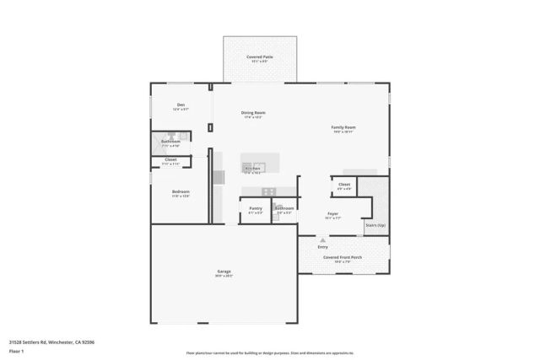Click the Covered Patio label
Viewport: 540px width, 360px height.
pos(259,57)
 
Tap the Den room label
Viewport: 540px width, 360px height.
pos(181,105)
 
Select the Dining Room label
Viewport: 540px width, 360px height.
pos(253,113)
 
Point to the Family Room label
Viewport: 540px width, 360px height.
pos(343,127)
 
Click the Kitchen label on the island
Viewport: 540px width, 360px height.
pos(253,169)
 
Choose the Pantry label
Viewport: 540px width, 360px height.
pos(256,208)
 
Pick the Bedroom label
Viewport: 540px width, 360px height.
pos(181,192)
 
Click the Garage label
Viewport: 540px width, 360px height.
pos(224,271)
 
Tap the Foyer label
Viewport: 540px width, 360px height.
pos(333,214)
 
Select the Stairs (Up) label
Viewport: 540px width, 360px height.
pos(375,225)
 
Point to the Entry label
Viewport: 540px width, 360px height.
pos(323,246)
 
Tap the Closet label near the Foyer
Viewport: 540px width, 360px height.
pos(344,184)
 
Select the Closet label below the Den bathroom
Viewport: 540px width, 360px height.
pos(170,159)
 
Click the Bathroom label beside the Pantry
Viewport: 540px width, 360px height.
pos(283,208)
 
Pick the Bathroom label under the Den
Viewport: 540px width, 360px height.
pos(170,142)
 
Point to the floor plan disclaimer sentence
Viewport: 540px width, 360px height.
pos(269,352)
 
